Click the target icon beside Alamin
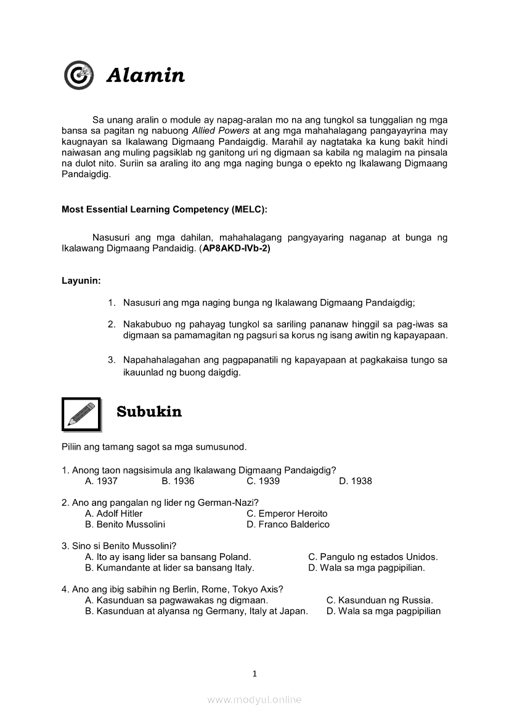pyautogui.click(x=79, y=75)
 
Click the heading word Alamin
pyautogui.click(x=145, y=75)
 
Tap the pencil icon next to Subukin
pyautogui.click(x=81, y=414)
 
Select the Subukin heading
pyautogui.click(x=149, y=412)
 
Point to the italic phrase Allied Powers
pyautogui.click(x=221, y=131)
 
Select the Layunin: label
pyautogui.click(x=81, y=281)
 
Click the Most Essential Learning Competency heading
pyautogui.click(x=165, y=210)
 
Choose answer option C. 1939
pyautogui.click(x=263, y=481)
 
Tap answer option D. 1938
pyautogui.click(x=356, y=481)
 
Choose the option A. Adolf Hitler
pyautogui.click(x=114, y=514)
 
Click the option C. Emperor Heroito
pyautogui.click(x=287, y=514)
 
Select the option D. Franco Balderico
pyautogui.click(x=288, y=525)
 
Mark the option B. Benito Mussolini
pyautogui.click(x=125, y=525)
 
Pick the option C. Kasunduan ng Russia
pyautogui.click(x=380, y=600)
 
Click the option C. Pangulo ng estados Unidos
pyautogui.click(x=373, y=557)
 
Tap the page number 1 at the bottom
pyautogui.click(x=254, y=674)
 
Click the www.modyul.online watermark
pyautogui.click(x=254, y=699)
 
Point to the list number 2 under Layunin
pyautogui.click(x=112, y=324)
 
